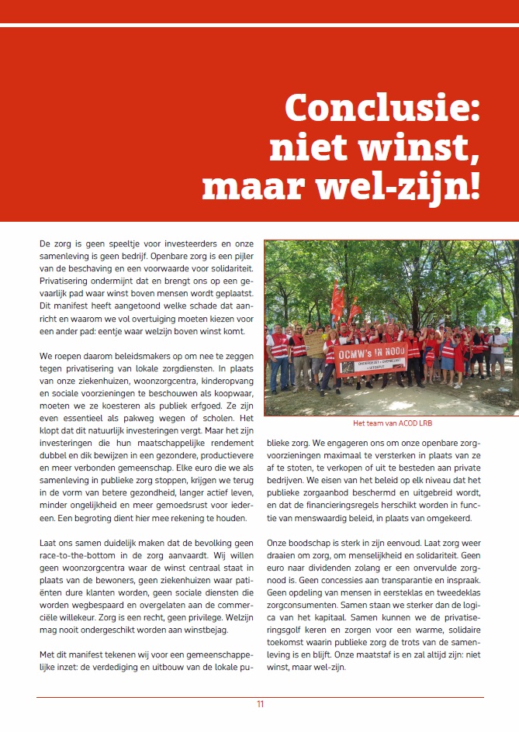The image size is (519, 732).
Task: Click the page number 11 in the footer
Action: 261,704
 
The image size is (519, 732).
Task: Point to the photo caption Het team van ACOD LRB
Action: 392,423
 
